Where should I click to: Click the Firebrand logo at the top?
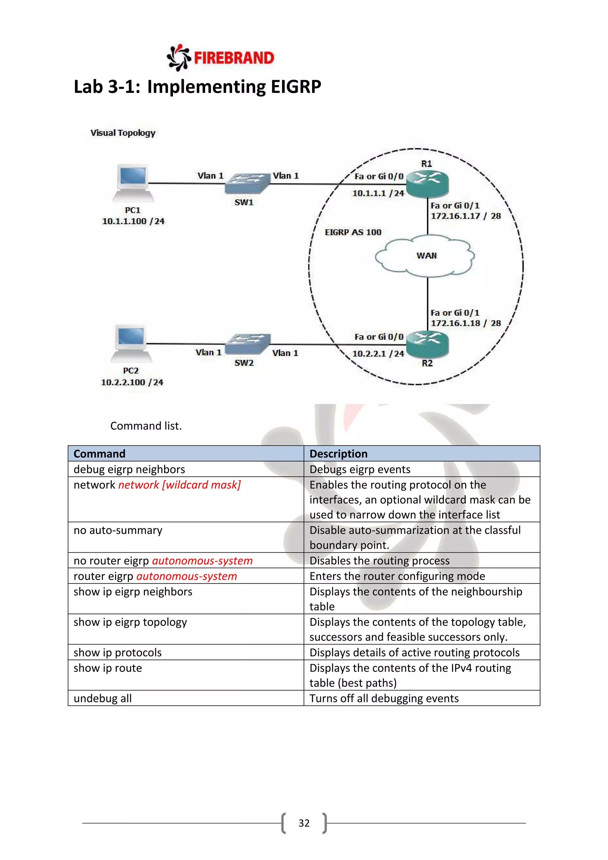click(221, 58)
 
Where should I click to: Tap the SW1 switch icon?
click(247, 183)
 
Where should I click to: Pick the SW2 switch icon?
click(248, 344)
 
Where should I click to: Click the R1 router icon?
click(427, 184)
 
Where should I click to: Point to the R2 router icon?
click(427, 344)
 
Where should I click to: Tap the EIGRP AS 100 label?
click(353, 232)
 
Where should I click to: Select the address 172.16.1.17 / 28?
click(465, 216)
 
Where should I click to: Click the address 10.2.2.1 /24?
click(378, 354)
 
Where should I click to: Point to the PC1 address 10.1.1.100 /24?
click(133, 221)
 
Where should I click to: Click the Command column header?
click(99, 453)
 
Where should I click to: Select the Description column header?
click(338, 453)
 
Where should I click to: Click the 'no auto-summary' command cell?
click(118, 530)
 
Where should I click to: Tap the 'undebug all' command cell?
click(103, 698)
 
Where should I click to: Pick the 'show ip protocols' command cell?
click(118, 652)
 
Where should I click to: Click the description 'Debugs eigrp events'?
click(360, 469)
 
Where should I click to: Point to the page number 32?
click(304, 823)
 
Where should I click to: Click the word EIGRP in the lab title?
click(296, 86)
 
